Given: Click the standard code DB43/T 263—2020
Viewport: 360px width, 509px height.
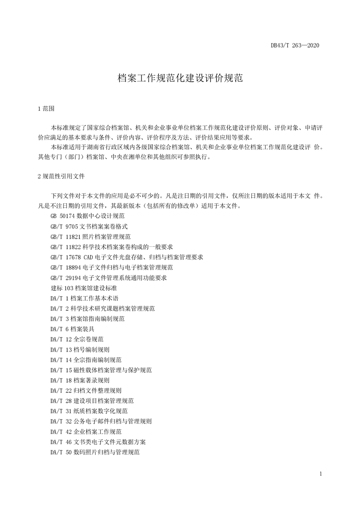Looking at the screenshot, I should coord(295,45).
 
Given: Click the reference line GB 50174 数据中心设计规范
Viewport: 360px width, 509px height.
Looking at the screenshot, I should coord(88,215).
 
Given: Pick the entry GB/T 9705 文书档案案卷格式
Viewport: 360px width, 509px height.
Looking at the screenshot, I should coord(89,226).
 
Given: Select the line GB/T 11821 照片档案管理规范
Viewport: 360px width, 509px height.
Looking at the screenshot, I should coord(91,236).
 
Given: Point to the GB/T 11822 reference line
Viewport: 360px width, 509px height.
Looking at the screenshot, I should coord(112,247).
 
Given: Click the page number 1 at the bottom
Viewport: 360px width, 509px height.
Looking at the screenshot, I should coord(321,475).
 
